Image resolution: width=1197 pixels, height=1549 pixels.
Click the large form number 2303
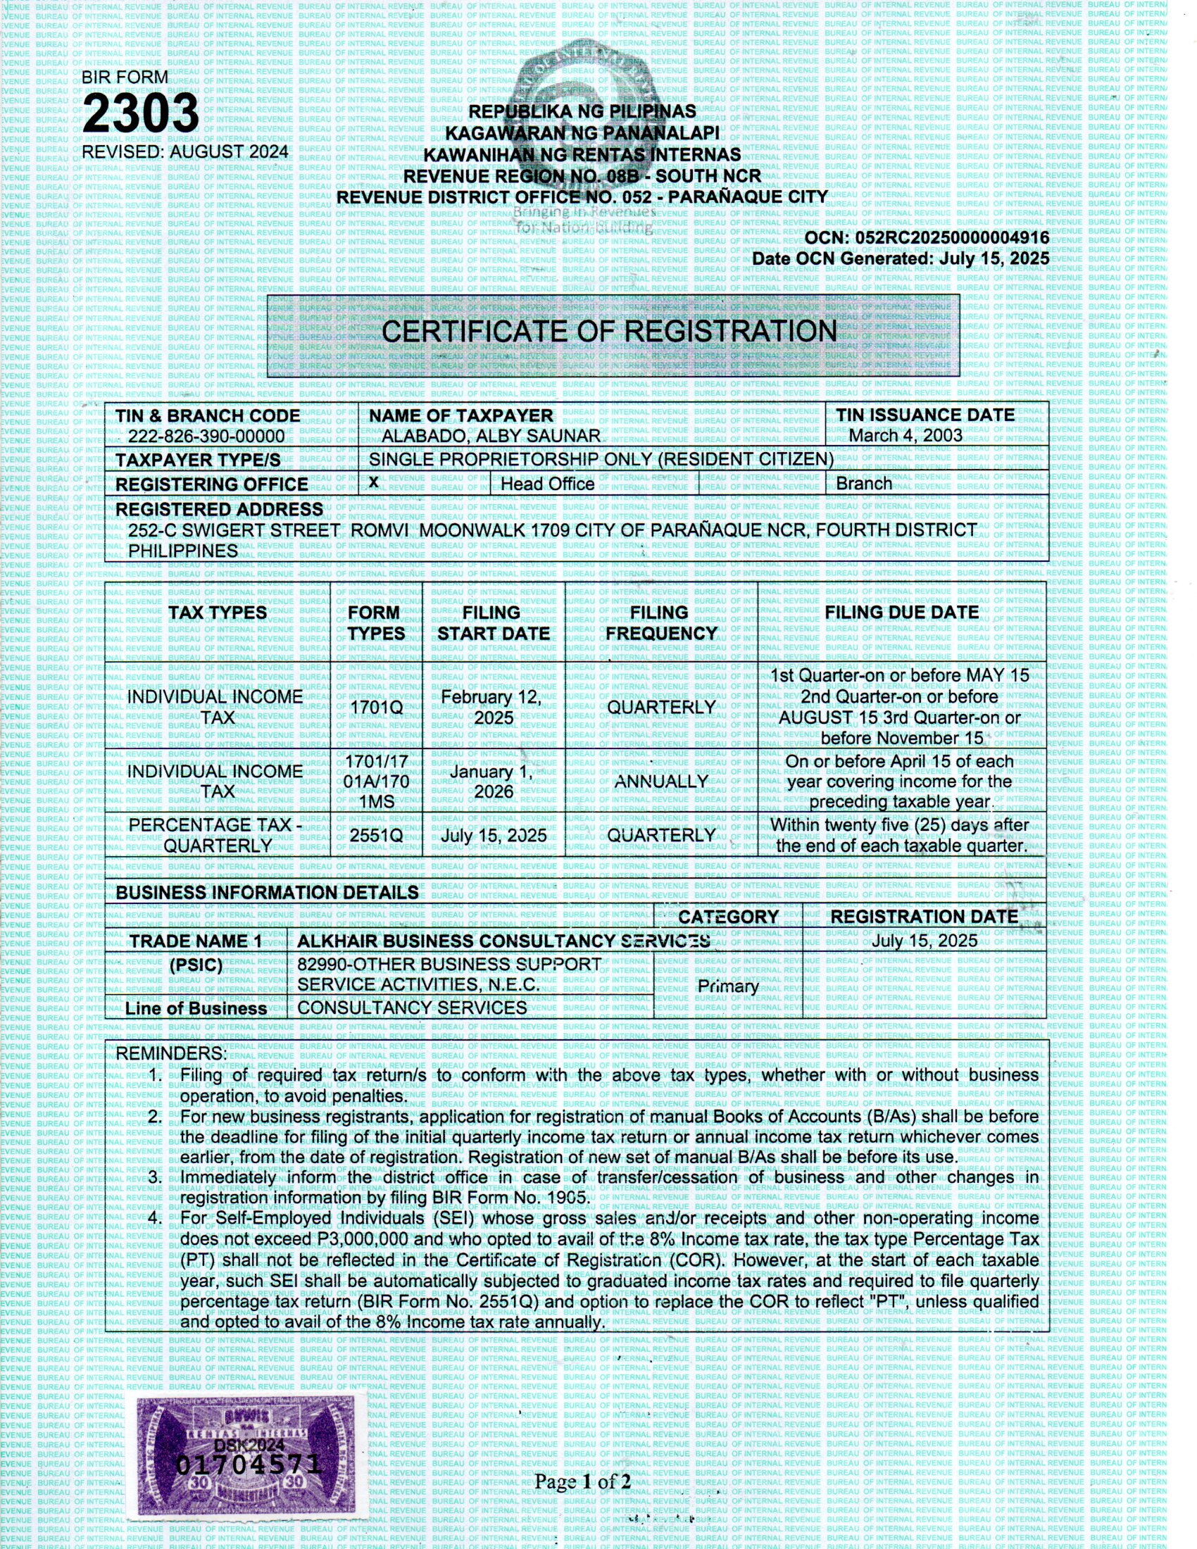pyautogui.click(x=140, y=113)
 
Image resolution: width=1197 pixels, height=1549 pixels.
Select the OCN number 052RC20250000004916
pyautogui.click(x=953, y=238)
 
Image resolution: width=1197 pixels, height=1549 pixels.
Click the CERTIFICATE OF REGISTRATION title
pyautogui.click(x=609, y=332)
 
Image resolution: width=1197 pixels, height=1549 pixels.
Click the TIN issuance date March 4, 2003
pyautogui.click(x=905, y=435)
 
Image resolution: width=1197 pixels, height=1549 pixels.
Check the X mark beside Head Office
pyautogui.click(x=374, y=482)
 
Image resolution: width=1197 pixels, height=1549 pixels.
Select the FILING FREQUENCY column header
pyautogui.click(x=660, y=622)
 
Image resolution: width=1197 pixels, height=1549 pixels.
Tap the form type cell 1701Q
pyautogui.click(x=376, y=707)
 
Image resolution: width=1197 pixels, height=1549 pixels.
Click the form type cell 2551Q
pyautogui.click(x=376, y=836)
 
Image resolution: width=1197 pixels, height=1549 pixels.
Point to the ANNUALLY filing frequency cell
pyautogui.click(x=661, y=782)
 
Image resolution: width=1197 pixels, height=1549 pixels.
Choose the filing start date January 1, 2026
pyautogui.click(x=494, y=782)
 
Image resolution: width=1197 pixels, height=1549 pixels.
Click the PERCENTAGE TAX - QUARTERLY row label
pyautogui.click(x=217, y=836)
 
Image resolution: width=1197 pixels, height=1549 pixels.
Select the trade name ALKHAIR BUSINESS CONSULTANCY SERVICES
pyautogui.click(x=503, y=941)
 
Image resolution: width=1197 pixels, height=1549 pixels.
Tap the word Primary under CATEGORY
pyautogui.click(x=727, y=986)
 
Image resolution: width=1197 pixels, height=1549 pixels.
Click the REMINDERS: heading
pyautogui.click(x=171, y=1054)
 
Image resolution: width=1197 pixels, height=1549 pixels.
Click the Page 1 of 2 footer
pyautogui.click(x=582, y=1481)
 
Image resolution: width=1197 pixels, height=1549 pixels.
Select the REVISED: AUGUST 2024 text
pyautogui.click(x=185, y=152)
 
